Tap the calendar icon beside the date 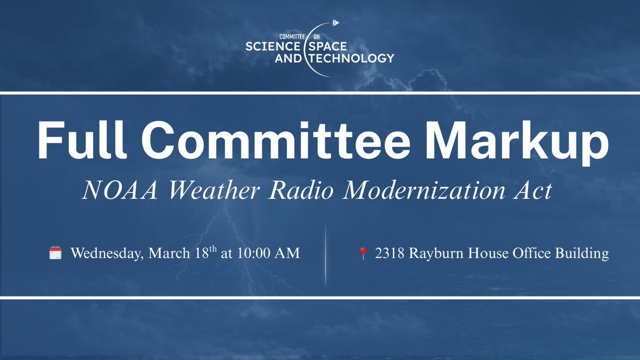55,253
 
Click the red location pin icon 363,253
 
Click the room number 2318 389,253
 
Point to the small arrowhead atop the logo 335,23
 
